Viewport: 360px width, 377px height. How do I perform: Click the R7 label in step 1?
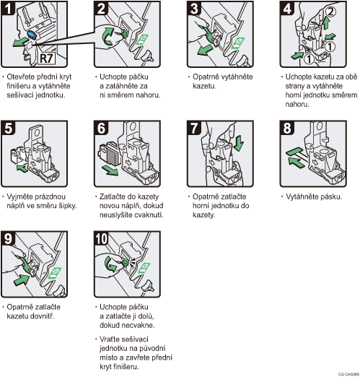click(x=47, y=58)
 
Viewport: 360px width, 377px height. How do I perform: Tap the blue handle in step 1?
click(x=32, y=35)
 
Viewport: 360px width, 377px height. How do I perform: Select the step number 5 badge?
click(x=8, y=128)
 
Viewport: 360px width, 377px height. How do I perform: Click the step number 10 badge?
click(x=102, y=238)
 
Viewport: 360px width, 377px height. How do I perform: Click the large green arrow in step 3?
click(x=205, y=50)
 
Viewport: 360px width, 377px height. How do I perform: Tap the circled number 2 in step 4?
click(x=331, y=11)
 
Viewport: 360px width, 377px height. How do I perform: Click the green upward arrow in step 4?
click(x=325, y=23)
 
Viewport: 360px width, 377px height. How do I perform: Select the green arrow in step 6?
click(x=110, y=170)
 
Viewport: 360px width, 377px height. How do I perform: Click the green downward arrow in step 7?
click(x=238, y=144)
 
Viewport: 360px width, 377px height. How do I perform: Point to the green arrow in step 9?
click(x=22, y=279)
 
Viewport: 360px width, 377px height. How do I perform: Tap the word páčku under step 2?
click(x=138, y=77)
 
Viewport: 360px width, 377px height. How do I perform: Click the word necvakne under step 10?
click(x=141, y=325)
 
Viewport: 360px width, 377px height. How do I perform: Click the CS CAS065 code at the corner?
click(x=349, y=374)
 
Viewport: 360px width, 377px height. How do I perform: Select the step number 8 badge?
click(x=287, y=128)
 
